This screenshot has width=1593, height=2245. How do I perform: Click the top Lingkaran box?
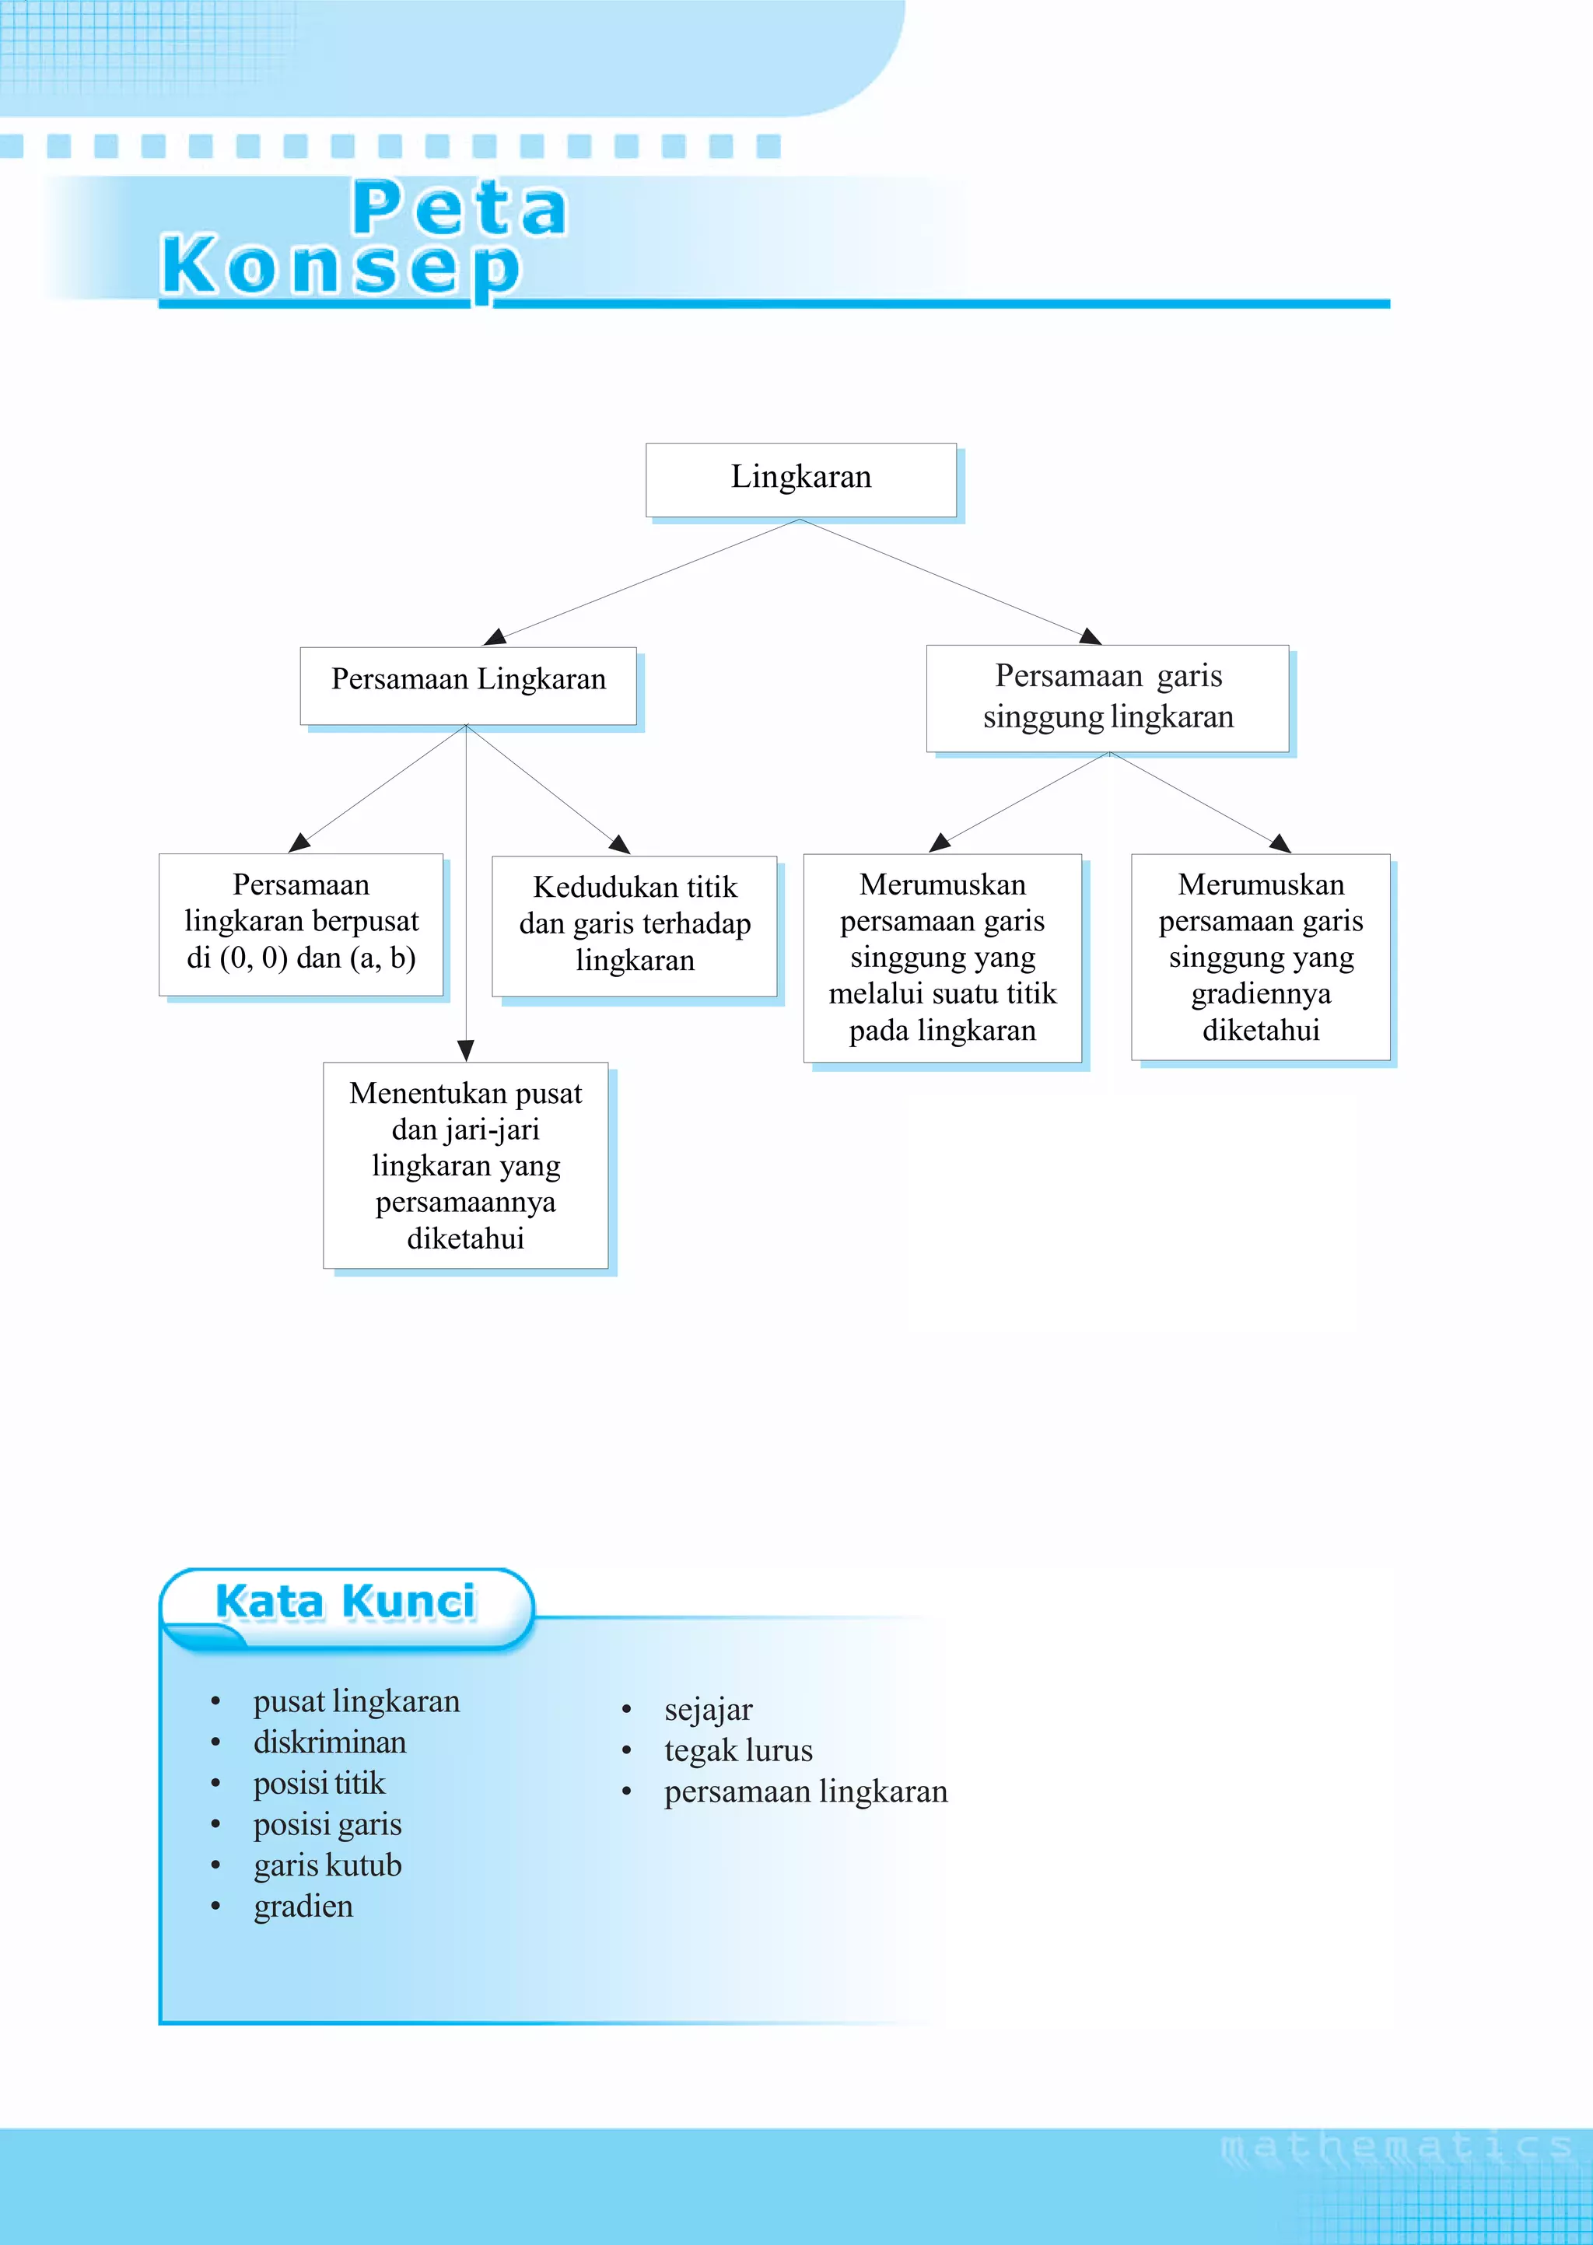click(800, 480)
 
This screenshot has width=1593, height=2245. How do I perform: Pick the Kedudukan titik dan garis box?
click(635, 925)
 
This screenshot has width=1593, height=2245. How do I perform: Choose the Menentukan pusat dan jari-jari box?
click(466, 1165)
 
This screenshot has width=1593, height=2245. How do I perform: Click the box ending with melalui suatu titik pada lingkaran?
click(942, 958)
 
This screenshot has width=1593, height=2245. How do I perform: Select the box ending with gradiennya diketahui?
click(1260, 958)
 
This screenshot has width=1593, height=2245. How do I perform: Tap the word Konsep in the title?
click(341, 268)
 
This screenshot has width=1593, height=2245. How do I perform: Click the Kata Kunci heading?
click(345, 1602)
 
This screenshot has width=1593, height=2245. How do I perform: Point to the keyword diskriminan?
click(330, 1742)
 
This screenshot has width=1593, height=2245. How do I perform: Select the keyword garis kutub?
click(327, 1865)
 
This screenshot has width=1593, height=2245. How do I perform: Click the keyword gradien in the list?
click(303, 1906)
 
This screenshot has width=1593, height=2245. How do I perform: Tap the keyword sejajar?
click(709, 1710)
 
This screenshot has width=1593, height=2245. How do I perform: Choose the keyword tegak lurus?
click(739, 1751)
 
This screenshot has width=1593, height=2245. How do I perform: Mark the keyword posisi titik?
click(319, 1783)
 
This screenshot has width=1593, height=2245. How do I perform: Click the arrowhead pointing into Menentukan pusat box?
click(466, 1050)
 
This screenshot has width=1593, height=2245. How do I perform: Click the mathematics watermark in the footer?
click(1396, 2148)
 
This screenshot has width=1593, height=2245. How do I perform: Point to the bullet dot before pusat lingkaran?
click(215, 1702)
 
